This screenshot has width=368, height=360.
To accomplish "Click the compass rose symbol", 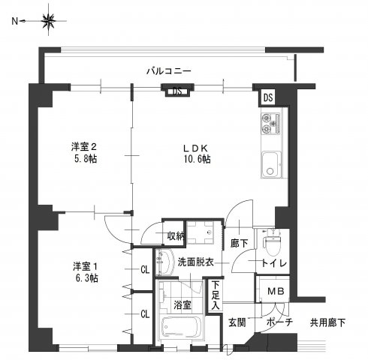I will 48,22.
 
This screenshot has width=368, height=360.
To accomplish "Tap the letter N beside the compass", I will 15,22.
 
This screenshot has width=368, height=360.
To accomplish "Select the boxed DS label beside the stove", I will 268,97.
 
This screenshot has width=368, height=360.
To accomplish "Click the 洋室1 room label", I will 86,265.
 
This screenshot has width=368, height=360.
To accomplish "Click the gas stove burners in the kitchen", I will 270,121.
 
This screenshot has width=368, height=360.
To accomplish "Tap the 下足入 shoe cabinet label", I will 216,294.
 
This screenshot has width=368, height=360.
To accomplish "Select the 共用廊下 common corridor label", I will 329,322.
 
